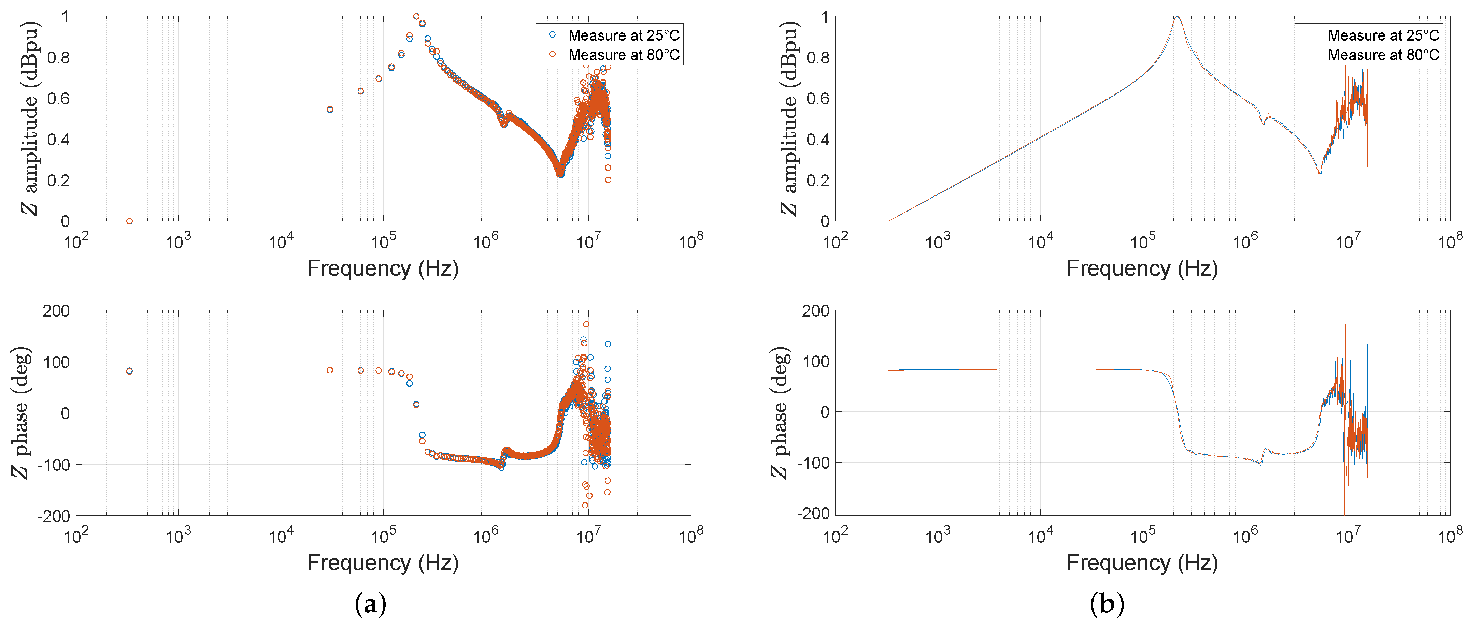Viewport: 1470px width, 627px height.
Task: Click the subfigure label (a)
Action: tap(370, 603)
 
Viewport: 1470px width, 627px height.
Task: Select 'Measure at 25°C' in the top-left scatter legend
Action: tap(623, 35)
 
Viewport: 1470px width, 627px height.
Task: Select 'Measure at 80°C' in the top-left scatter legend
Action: tap(623, 55)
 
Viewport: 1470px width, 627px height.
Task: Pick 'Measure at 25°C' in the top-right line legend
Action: tap(1383, 35)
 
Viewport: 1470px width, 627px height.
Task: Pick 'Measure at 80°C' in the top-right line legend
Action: tap(1383, 55)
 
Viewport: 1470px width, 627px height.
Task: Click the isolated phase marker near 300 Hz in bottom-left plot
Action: tap(130, 371)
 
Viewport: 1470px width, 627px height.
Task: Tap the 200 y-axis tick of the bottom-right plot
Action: tap(815, 311)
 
